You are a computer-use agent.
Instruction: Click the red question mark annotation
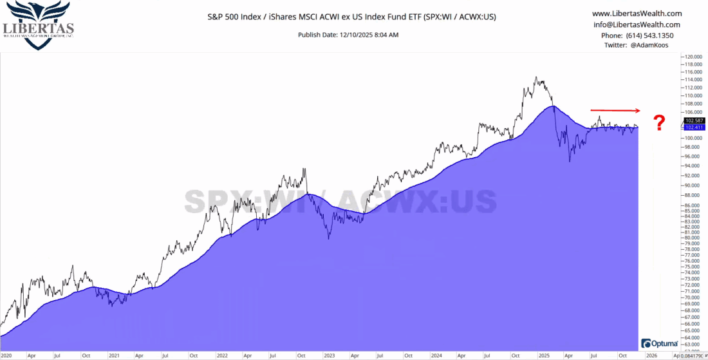pyautogui.click(x=659, y=123)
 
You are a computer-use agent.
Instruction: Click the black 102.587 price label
pyautogui.click(x=694, y=120)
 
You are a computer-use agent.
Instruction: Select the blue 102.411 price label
pyautogui.click(x=694, y=128)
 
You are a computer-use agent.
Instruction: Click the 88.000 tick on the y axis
pyautogui.click(x=693, y=196)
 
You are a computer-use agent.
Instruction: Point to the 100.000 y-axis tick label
pyautogui.click(x=693, y=138)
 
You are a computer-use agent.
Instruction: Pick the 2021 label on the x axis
pyautogui.click(x=114, y=355)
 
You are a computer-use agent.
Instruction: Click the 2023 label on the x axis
pyautogui.click(x=329, y=355)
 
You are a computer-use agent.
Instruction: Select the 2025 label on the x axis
pyautogui.click(x=543, y=355)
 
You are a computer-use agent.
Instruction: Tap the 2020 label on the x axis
pyautogui.click(x=6, y=355)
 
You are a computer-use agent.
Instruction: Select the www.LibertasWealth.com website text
pyautogui.click(x=636, y=14)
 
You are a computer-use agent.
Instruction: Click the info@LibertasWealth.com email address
pyautogui.click(x=636, y=24)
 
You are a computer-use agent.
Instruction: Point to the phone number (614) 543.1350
pyautogui.click(x=636, y=35)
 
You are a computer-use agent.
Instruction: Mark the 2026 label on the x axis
pyautogui.click(x=651, y=355)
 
